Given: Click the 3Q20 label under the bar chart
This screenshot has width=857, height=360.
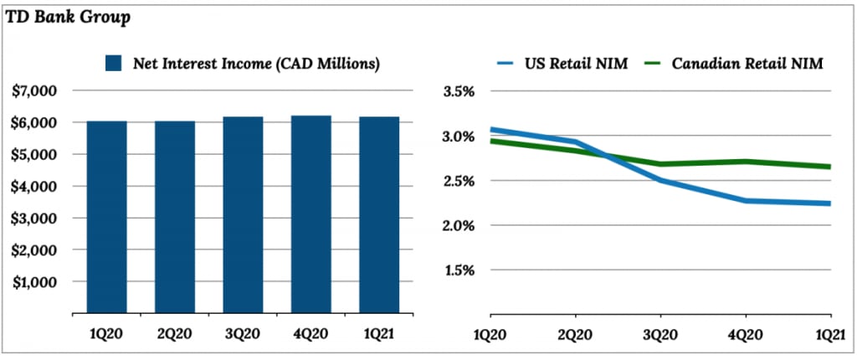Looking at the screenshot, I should [x=243, y=334].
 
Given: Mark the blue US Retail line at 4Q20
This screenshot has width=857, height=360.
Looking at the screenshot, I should [x=746, y=201].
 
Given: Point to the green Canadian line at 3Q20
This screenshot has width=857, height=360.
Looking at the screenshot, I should [x=660, y=164].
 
